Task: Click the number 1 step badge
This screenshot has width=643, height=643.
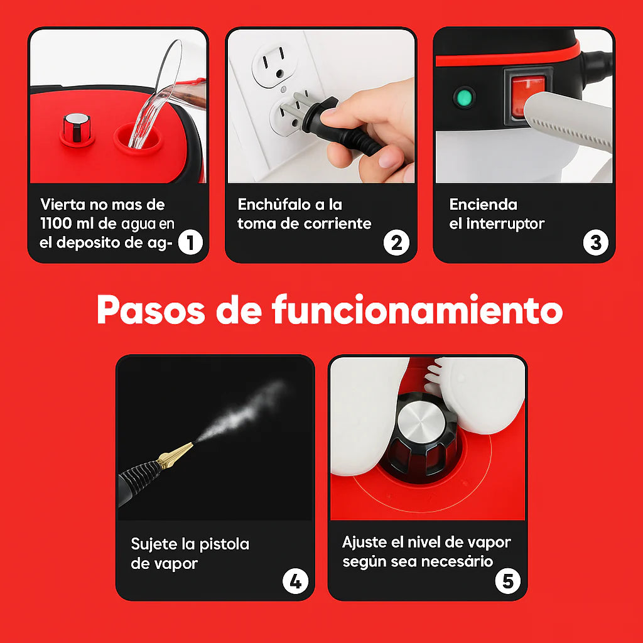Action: tap(190, 242)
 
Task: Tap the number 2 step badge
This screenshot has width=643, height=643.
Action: tap(396, 242)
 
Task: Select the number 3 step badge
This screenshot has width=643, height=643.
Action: tap(595, 242)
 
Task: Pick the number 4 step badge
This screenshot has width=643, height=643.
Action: tap(295, 581)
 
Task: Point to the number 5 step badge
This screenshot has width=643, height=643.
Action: tap(507, 581)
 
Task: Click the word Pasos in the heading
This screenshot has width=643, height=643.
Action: tap(151, 310)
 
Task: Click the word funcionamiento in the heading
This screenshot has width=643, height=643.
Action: tap(417, 310)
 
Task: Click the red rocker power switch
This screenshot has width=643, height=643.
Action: tap(526, 94)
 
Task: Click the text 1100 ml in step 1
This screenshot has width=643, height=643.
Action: tap(68, 224)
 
